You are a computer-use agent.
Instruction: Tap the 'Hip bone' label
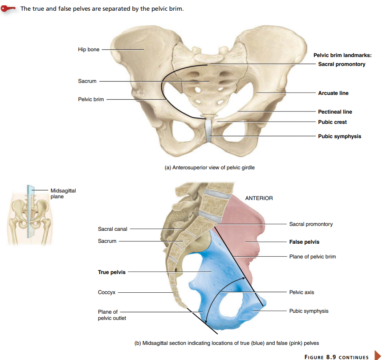[89, 49]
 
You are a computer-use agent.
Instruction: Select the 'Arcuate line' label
[333, 93]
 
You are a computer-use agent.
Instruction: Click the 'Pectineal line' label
[335, 112]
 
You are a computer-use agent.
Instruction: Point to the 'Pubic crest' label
[332, 122]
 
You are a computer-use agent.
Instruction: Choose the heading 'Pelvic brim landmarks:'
[342, 55]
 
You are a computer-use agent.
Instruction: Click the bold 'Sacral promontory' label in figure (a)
[342, 64]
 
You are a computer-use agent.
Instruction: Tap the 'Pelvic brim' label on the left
[91, 99]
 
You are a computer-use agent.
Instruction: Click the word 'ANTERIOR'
[259, 198]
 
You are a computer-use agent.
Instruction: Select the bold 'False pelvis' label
[304, 242]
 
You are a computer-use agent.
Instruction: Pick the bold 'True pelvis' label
[112, 272]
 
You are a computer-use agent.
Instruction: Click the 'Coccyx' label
[106, 292]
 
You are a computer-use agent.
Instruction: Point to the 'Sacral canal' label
[112, 229]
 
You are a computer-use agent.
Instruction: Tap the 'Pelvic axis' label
[301, 292]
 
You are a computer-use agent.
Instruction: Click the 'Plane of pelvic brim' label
[312, 257]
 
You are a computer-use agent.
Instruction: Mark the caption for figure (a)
[209, 168]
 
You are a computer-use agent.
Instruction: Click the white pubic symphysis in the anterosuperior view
[209, 131]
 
